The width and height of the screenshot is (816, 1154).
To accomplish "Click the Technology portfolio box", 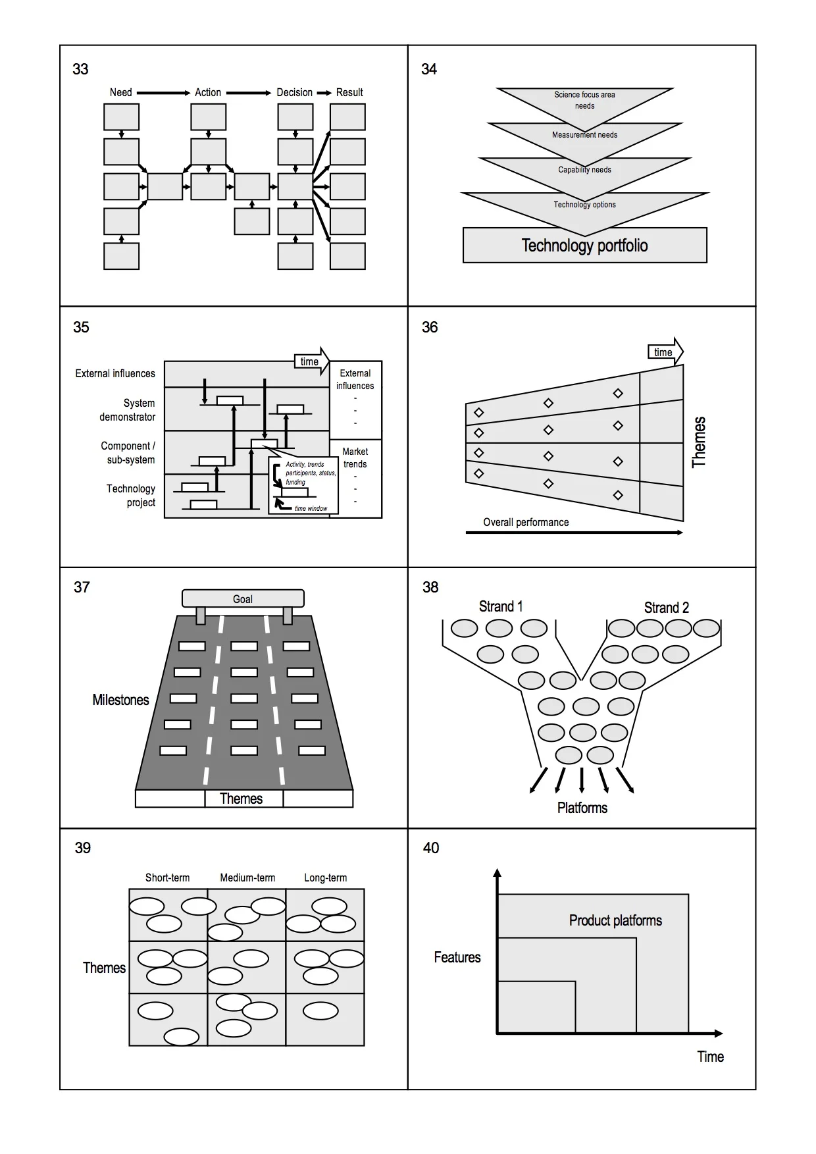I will point(584,246).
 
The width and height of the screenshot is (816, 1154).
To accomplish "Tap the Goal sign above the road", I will point(243,598).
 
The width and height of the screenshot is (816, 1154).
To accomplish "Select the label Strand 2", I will point(666,608).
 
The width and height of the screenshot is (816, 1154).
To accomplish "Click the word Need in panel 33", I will point(120,92).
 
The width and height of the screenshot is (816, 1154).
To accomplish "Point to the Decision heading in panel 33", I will point(294,92).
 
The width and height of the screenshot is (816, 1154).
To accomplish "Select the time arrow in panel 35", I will point(311,361).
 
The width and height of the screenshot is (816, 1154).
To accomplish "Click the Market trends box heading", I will point(355,458).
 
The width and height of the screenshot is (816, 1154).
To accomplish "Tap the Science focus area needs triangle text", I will point(584,100).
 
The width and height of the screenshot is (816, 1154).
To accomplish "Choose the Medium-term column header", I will point(247,878).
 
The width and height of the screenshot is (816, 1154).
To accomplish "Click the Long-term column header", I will point(325,878).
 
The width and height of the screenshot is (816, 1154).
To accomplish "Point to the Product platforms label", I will point(615,920).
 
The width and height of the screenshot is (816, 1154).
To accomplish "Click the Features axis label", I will point(457,957).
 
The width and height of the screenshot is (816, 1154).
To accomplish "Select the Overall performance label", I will point(526,522).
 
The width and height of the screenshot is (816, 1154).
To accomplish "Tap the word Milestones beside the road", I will point(120,700).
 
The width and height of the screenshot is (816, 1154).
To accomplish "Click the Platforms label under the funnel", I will point(582,808).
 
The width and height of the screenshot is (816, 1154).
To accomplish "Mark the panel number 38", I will point(430,587).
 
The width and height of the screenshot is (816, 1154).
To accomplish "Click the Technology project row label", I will point(131,495).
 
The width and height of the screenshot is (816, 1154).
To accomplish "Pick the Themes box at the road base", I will point(242,799).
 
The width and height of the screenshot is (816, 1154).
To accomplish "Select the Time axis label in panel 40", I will point(710,1057).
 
